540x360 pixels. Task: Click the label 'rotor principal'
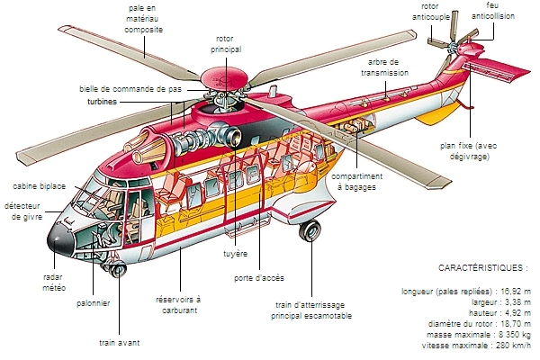(226, 44)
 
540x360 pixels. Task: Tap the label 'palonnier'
(93, 303)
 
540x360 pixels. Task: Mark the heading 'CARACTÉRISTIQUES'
(482, 268)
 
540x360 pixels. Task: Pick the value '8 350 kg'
(511, 334)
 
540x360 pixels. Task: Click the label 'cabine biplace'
(37, 185)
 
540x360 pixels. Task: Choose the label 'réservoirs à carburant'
(178, 304)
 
